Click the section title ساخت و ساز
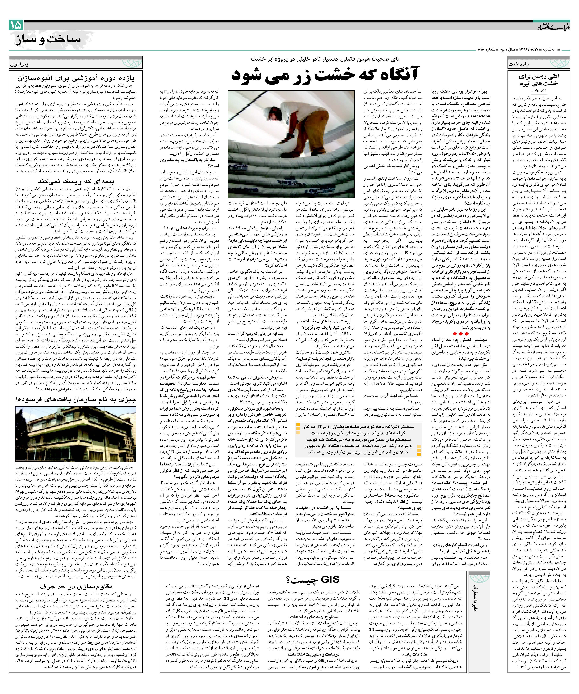tap(48, 39)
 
